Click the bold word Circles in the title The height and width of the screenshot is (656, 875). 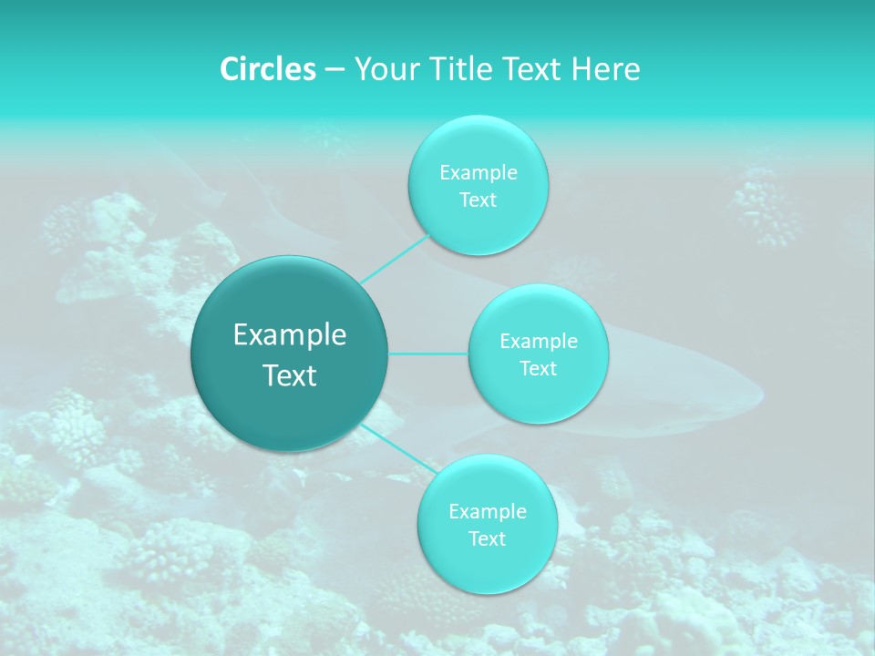(x=267, y=69)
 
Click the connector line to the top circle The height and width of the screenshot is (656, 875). (x=396, y=259)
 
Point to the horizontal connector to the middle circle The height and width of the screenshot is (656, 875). (x=428, y=354)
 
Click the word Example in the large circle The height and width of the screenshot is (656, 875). (x=290, y=335)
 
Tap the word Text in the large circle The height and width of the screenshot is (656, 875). (x=290, y=375)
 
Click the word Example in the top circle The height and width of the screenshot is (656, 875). (x=478, y=173)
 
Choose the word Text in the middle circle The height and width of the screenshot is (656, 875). (x=538, y=368)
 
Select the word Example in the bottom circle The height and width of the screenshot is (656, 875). (x=487, y=512)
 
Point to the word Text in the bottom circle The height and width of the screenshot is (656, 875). (x=487, y=538)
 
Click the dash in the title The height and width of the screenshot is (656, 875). (x=335, y=69)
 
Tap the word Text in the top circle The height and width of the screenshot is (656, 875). (x=478, y=200)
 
